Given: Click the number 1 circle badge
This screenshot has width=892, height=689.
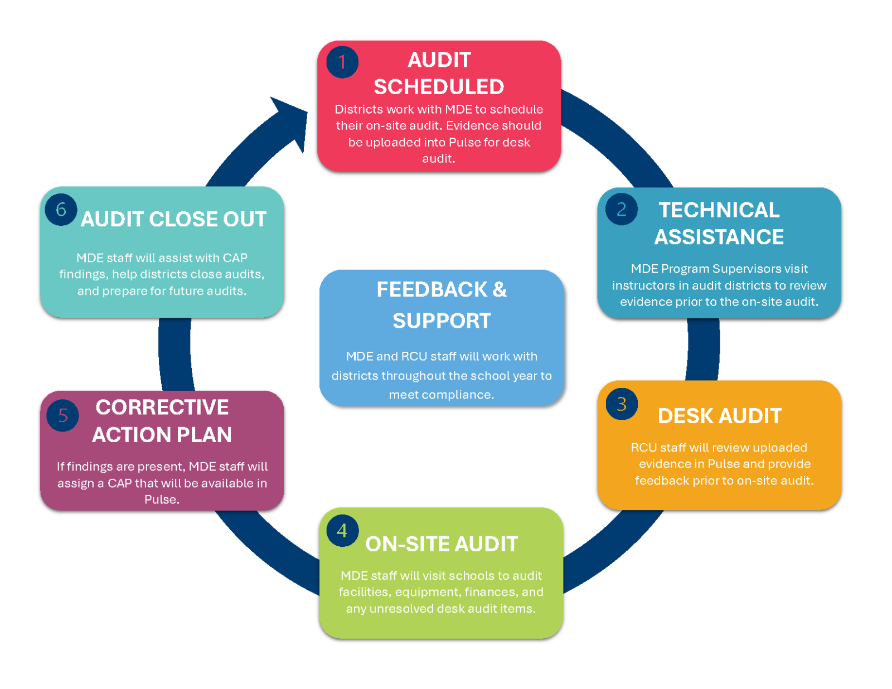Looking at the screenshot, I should [342, 62].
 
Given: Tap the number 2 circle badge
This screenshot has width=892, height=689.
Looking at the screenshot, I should [621, 210].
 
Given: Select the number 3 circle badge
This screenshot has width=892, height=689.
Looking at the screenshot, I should [622, 404].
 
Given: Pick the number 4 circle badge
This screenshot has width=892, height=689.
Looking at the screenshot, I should [342, 531].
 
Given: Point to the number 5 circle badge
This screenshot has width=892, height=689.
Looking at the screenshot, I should [63, 415].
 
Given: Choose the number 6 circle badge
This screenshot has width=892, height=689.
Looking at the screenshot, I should [61, 210].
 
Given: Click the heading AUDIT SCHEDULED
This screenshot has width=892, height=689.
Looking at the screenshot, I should [439, 73].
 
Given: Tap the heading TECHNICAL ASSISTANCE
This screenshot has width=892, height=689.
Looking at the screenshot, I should [719, 224].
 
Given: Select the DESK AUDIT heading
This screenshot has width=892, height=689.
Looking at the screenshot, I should [719, 416].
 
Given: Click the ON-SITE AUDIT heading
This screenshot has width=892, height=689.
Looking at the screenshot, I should [442, 544].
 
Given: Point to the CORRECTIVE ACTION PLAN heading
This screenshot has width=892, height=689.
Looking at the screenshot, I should [162, 421].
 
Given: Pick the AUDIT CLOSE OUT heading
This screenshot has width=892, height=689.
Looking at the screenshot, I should [173, 219].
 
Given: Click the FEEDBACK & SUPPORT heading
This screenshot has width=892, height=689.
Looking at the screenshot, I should [442, 305].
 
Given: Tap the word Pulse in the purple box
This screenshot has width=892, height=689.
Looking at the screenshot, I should [161, 499].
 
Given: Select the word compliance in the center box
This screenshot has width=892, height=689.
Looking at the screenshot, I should [460, 395].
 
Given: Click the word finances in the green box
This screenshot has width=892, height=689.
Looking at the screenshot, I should [491, 592].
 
